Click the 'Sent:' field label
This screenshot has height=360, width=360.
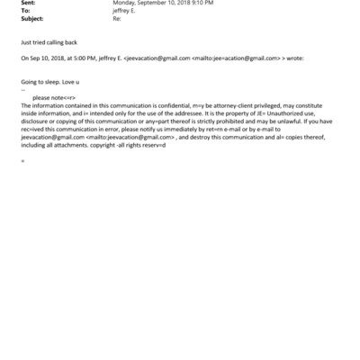(x=27, y=3)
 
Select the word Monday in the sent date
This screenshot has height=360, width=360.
(x=123, y=3)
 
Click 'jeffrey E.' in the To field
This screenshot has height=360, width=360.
(x=124, y=10)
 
